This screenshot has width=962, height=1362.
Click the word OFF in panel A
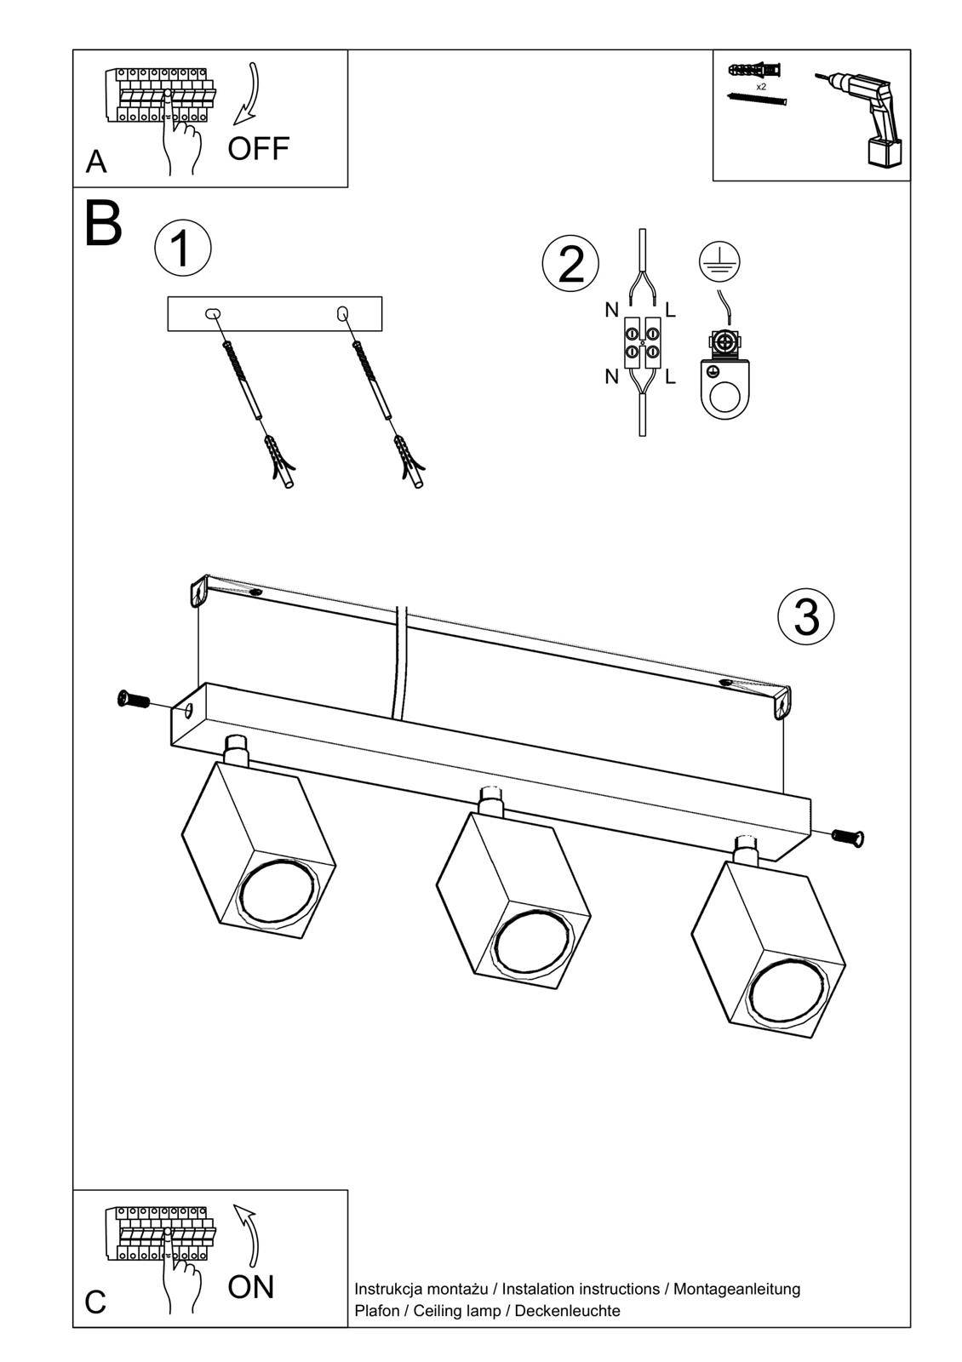click(x=258, y=148)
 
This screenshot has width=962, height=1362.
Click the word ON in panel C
click(x=251, y=1286)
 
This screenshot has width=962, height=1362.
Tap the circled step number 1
click(x=182, y=249)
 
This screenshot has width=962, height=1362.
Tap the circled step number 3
click(x=805, y=616)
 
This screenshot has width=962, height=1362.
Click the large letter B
click(x=104, y=224)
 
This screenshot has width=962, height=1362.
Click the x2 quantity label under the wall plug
click(x=760, y=87)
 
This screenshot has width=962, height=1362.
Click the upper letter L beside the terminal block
click(x=671, y=311)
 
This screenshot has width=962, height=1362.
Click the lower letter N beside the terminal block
click(x=611, y=376)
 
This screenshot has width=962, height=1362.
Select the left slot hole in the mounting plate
click(x=212, y=313)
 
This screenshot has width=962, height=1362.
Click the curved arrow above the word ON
click(x=249, y=1234)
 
